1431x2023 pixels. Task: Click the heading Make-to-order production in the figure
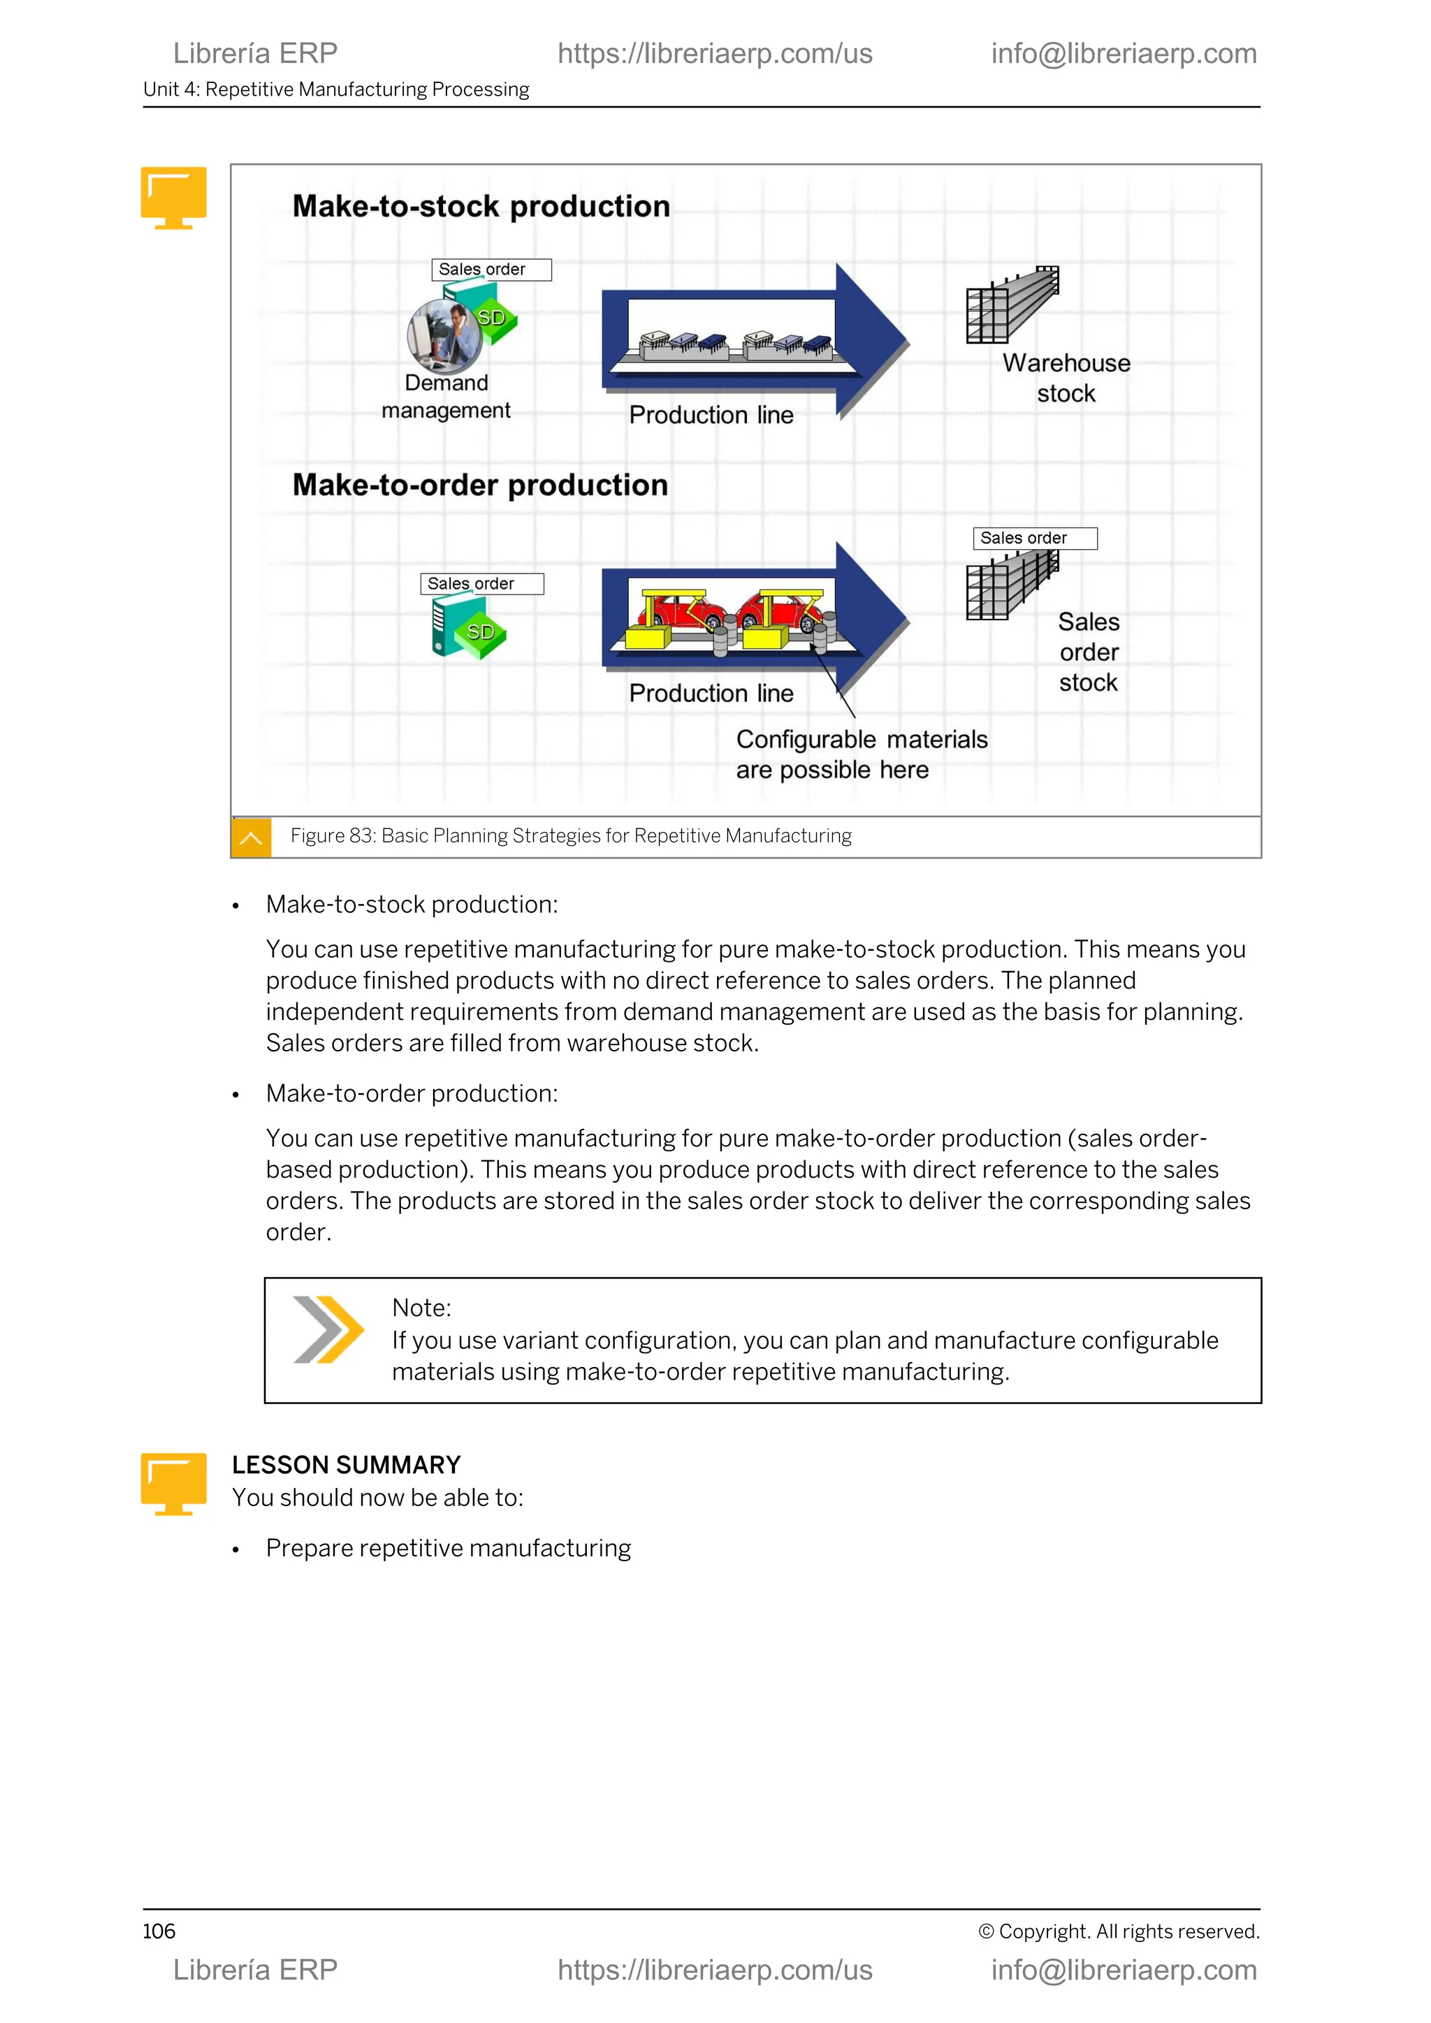[x=479, y=485]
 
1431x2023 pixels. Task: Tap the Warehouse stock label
[x=1066, y=378]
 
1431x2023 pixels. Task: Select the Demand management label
[x=446, y=397]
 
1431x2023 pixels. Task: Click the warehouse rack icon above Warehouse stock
[x=1012, y=304]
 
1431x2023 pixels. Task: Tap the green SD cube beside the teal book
[x=480, y=633]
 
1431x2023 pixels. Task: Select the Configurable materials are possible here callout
[x=861, y=754]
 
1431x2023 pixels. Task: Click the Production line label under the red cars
[x=710, y=694]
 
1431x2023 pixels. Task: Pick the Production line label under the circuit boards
[x=710, y=415]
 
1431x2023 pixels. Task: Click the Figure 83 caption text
[x=570, y=836]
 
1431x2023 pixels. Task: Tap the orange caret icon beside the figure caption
[x=251, y=837]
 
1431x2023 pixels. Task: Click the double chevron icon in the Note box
[x=327, y=1329]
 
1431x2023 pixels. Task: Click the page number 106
[x=159, y=1931]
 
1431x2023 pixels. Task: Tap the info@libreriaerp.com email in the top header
[x=1123, y=54]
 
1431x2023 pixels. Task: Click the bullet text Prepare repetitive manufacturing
[x=448, y=1548]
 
